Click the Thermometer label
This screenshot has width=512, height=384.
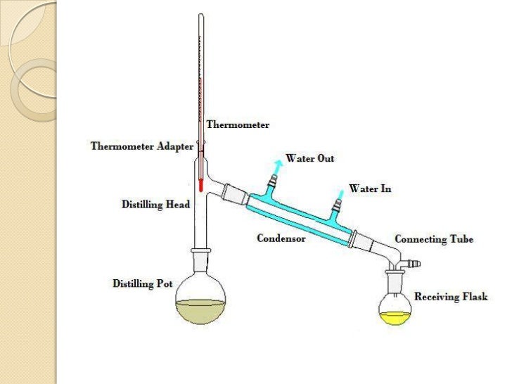point(238,124)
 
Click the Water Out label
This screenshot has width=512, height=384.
point(309,158)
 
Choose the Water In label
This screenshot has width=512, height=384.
point(370,189)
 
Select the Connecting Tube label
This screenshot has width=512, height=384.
point(434,239)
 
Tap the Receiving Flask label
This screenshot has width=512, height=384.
point(451,297)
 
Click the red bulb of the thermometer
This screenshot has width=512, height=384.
point(200,186)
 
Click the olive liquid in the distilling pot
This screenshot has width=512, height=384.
point(200,310)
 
